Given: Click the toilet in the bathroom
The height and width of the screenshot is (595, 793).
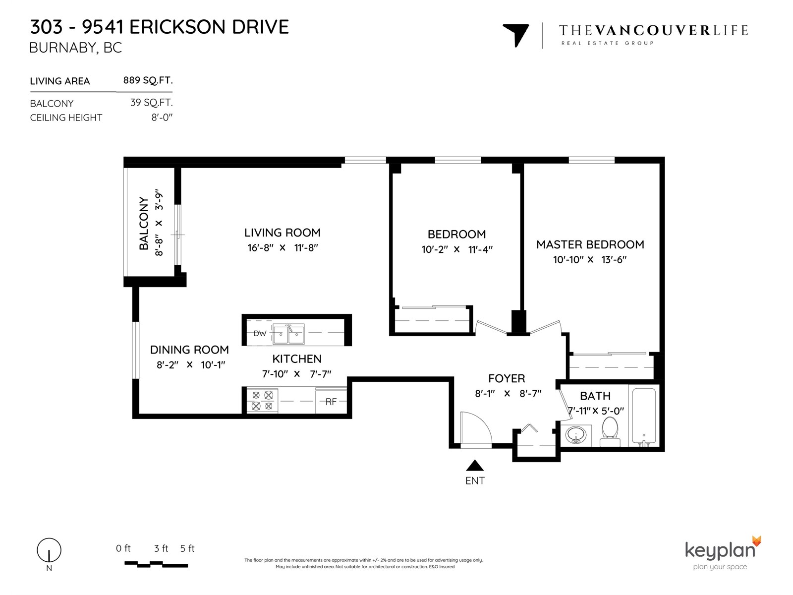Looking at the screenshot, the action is click(x=610, y=432).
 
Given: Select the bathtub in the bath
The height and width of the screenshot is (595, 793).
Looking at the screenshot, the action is click(x=644, y=417).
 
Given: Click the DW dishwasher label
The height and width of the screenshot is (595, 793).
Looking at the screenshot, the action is click(x=260, y=333).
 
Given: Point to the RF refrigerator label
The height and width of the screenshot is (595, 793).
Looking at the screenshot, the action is click(x=331, y=402).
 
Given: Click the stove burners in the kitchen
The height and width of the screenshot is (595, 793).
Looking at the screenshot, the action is click(x=262, y=401).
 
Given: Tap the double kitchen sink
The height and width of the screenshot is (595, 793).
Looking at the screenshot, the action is click(x=288, y=334).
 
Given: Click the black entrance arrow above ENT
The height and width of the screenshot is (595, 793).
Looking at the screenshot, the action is click(x=475, y=465).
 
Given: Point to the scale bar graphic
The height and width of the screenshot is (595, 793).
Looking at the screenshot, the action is click(x=156, y=564).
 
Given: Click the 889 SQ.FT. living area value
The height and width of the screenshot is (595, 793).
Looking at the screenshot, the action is click(x=148, y=80).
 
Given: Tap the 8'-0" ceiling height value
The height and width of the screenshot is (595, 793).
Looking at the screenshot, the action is click(x=162, y=118).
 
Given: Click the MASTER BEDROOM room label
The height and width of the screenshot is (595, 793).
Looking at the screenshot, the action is click(x=590, y=244).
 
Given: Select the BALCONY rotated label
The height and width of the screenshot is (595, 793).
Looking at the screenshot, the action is click(x=144, y=223).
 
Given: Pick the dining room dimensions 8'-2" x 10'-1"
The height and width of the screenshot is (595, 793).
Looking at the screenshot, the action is click(x=191, y=365).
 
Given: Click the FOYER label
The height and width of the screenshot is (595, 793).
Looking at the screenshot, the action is click(x=507, y=378).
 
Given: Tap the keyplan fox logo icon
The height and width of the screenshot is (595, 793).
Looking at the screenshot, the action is click(x=756, y=541).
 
